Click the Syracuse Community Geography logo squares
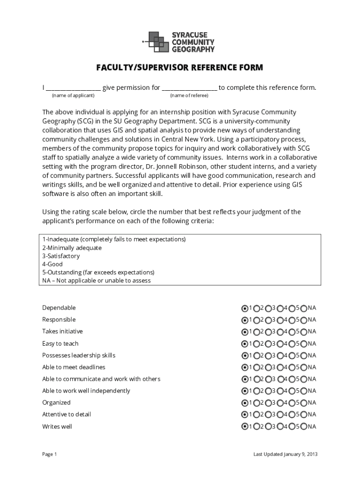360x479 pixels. [x=158, y=42]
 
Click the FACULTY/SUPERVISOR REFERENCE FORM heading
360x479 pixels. [x=180, y=68]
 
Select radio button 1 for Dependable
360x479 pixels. [x=245, y=308]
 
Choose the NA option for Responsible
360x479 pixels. [x=304, y=320]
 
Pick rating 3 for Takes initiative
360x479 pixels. [x=268, y=332]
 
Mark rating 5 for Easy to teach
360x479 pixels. [x=292, y=344]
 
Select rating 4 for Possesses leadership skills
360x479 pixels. [x=280, y=356]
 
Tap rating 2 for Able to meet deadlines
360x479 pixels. [x=256, y=368]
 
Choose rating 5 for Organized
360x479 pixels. [x=292, y=403]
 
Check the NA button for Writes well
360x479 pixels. [x=304, y=427]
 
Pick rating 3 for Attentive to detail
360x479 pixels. [x=268, y=414]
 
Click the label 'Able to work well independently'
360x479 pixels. [x=86, y=391]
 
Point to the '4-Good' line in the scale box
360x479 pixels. [x=52, y=264]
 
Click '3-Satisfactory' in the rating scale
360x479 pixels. [x=61, y=256]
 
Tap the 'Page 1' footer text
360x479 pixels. [x=49, y=454]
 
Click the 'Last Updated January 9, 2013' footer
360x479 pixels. [x=285, y=454]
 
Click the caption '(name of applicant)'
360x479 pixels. [x=73, y=95]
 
